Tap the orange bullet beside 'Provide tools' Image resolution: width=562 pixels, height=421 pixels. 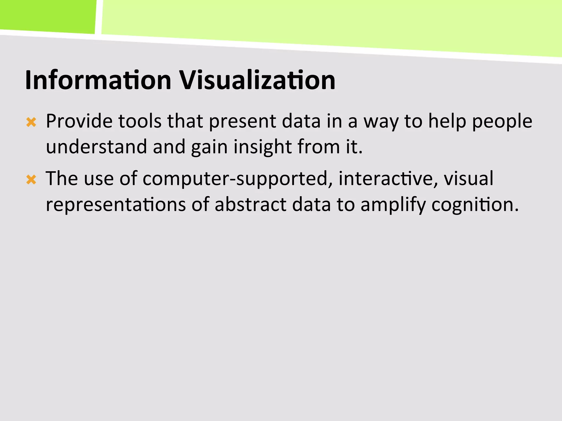click(x=31, y=122)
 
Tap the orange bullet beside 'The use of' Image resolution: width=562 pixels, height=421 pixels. click(x=31, y=180)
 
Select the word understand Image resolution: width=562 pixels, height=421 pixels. click(x=96, y=147)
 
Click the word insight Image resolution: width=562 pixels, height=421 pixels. click(x=263, y=147)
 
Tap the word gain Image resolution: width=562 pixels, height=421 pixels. click(x=209, y=147)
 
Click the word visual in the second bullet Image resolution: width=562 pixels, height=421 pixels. click(x=469, y=178)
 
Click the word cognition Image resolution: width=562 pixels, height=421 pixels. click(x=475, y=205)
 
